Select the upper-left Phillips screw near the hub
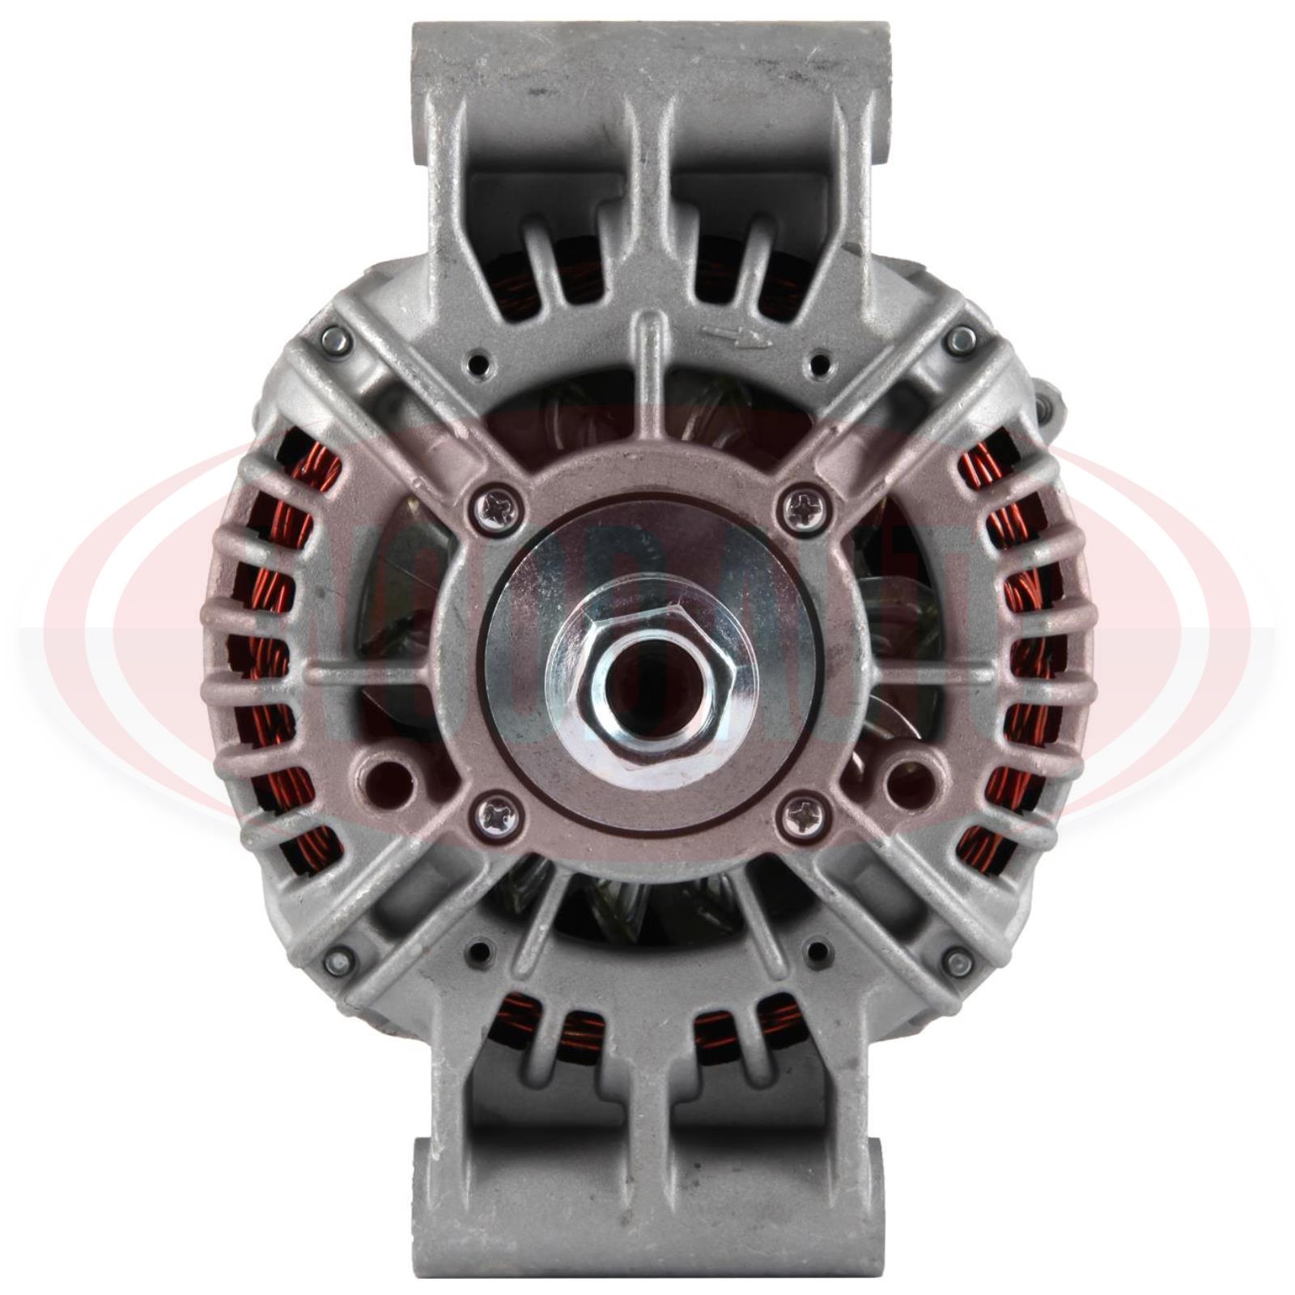[495, 508]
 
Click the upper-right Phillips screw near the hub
[805, 508]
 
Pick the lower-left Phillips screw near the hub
[495, 818]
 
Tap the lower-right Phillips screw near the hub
[805, 818]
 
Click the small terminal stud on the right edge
[1049, 401]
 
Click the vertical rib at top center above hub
[647, 364]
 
